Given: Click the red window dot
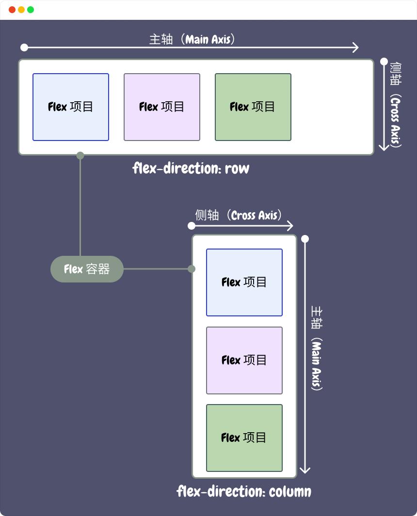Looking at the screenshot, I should point(12,10).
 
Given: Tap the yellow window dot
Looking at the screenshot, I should point(21,10).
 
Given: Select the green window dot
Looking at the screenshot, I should point(31,10).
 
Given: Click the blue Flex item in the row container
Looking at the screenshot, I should point(71,107).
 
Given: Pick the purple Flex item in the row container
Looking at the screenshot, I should point(162,107).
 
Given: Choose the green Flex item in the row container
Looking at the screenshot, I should point(253,107).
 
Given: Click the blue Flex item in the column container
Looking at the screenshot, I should point(244,282).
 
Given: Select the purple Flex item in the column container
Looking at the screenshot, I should point(244,360).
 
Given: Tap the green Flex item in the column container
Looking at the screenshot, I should point(244,438).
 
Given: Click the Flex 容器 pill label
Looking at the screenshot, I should point(87,269).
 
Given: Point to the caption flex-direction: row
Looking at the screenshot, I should point(191,169).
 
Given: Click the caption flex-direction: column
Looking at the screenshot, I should point(244,492).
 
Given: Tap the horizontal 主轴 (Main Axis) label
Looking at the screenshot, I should point(192,39).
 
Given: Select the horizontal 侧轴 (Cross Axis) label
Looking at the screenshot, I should point(239,215).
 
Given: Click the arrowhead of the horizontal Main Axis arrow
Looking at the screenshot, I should point(356,47).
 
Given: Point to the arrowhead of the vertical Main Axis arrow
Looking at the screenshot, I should point(305,469).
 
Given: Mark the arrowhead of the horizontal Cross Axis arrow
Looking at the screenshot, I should point(290,226).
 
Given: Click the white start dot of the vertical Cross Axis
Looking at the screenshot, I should point(384,62).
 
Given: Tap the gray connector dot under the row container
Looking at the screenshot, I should point(80,156).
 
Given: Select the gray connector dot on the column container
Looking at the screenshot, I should point(192,269).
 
